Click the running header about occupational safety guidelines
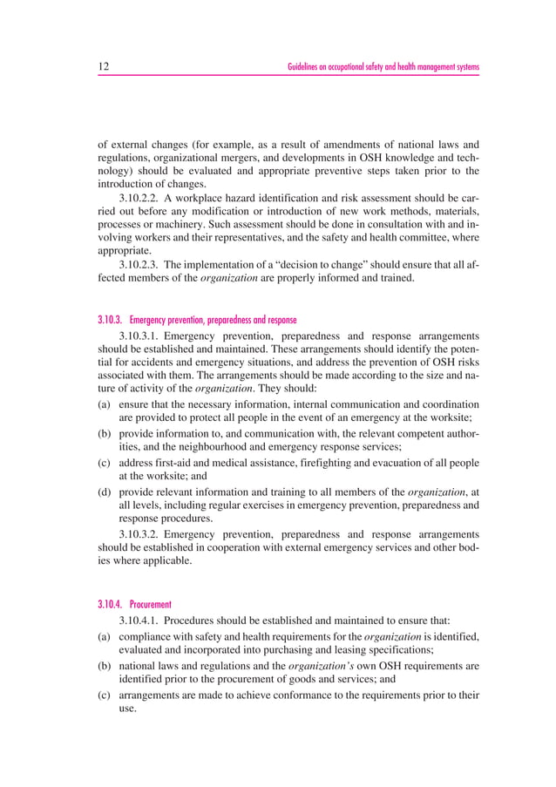(383, 67)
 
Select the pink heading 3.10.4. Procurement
(135, 603)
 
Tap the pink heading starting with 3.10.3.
(197, 320)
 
